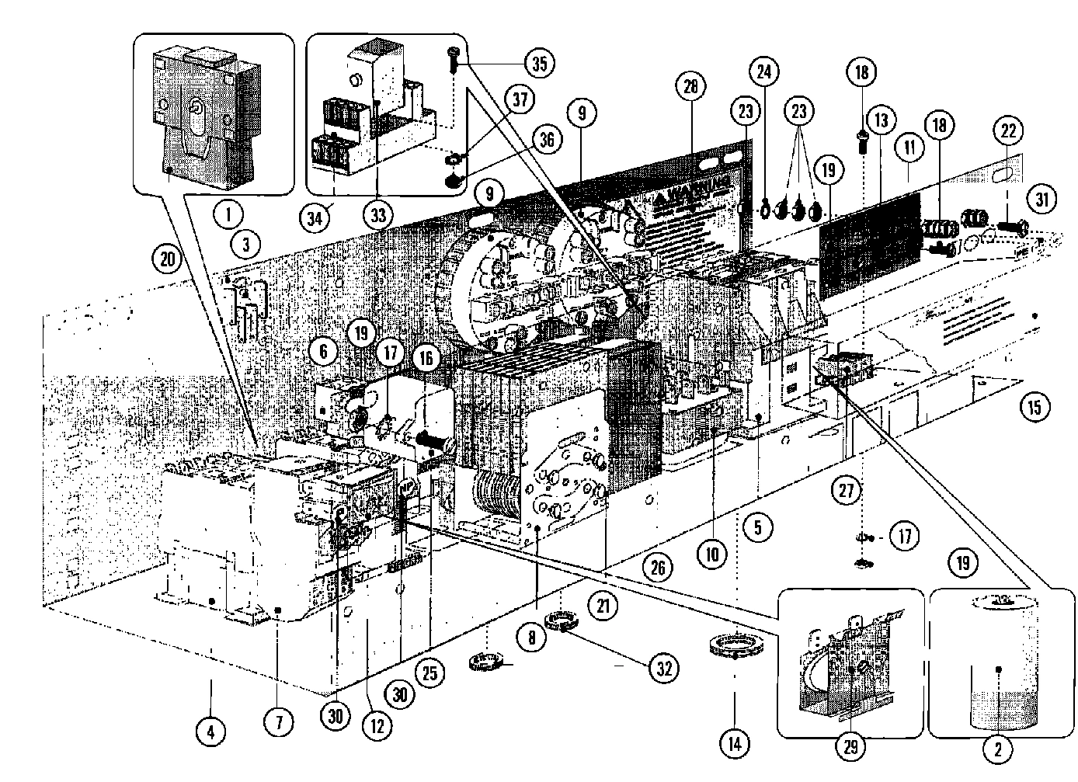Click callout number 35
538,63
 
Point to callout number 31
1041,199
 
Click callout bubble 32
662,668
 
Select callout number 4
210,731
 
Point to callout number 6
323,351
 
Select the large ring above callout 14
735,645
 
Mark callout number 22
1007,132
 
